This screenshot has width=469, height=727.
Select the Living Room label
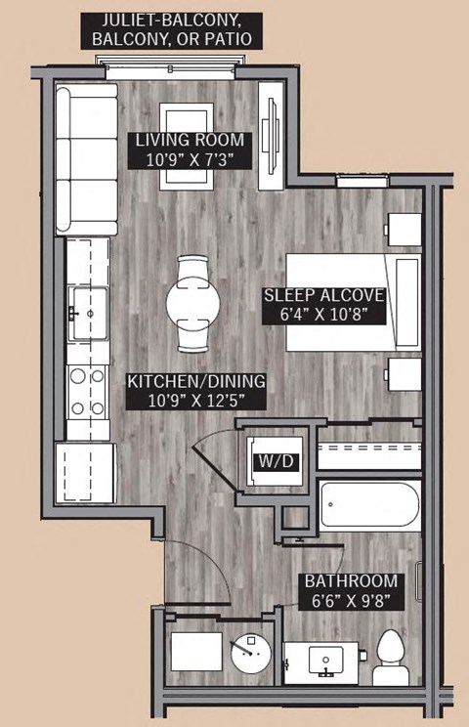click(x=186, y=140)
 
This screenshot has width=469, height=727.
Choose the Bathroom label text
click(x=350, y=580)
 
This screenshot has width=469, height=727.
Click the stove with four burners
click(x=88, y=391)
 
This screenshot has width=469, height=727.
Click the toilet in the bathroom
click(x=391, y=658)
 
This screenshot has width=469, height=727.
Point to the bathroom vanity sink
click(x=324, y=662)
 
